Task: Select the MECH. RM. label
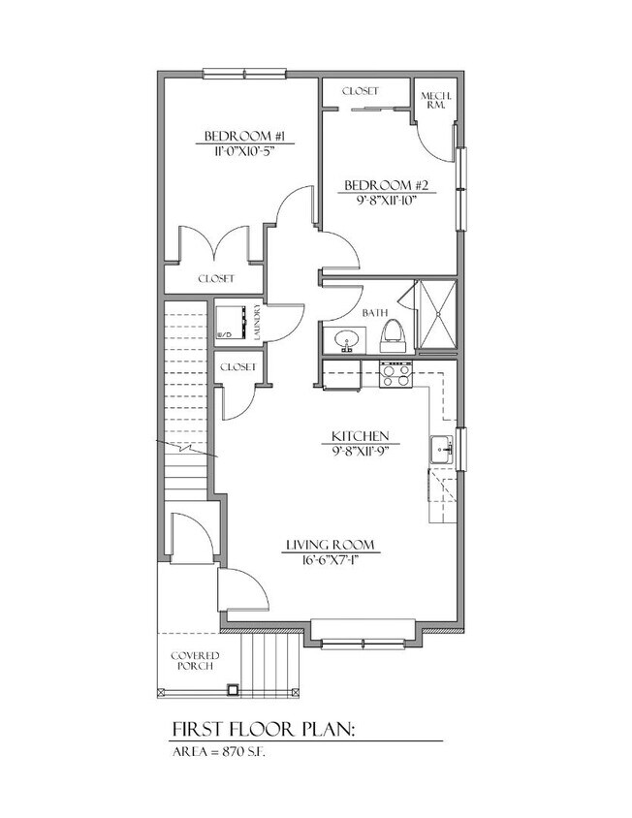[x=431, y=100]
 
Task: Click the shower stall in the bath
[x=434, y=317]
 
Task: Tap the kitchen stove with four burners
[x=395, y=374]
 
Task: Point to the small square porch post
[x=232, y=691]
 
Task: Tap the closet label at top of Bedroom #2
[x=359, y=91]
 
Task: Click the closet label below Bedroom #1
[x=216, y=278]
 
